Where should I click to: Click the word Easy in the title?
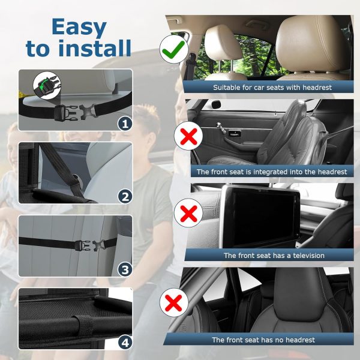tap(79, 28)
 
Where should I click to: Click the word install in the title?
tap(95, 48)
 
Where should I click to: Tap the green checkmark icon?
tap(174, 49)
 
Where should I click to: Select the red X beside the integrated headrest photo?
tap(188, 136)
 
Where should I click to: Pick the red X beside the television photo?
tap(188, 213)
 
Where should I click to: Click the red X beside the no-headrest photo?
tap(174, 303)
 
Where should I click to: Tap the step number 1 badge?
tap(125, 124)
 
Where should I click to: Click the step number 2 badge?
tap(125, 196)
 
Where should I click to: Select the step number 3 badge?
tap(125, 269)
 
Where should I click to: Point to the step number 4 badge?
tap(125, 343)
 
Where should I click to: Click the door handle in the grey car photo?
tap(235, 133)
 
